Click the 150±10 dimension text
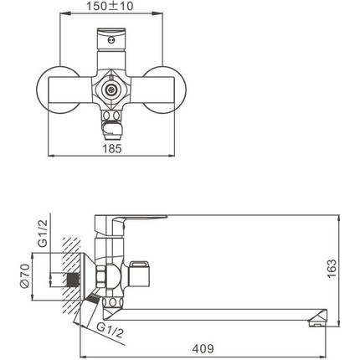(x=110, y=6)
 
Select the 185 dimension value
(x=112, y=149)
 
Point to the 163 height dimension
(x=332, y=269)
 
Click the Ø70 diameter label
(x=25, y=275)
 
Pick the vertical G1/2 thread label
(x=43, y=234)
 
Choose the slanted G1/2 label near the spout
(x=111, y=330)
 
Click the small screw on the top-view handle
(x=111, y=40)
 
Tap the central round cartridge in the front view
(x=111, y=90)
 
